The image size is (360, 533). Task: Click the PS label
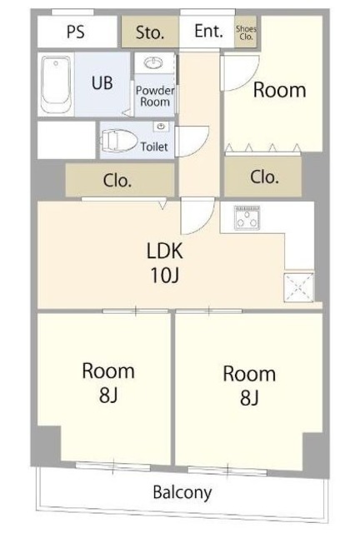pyautogui.click(x=76, y=32)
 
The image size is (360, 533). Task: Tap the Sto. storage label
pyautogui.click(x=150, y=32)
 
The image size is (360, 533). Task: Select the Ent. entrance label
pyautogui.click(x=209, y=31)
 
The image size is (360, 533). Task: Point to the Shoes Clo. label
pyautogui.click(x=246, y=32)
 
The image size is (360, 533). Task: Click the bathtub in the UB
pyautogui.click(x=57, y=83)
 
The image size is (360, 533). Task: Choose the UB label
pyautogui.click(x=102, y=82)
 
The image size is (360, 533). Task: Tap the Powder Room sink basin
pyautogui.click(x=153, y=62)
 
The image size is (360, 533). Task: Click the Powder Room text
pyautogui.click(x=155, y=97)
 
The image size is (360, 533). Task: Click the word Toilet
pyautogui.click(x=154, y=147)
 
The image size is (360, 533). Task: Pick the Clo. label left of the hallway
pyautogui.click(x=117, y=181)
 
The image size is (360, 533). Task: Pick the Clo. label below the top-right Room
pyautogui.click(x=264, y=177)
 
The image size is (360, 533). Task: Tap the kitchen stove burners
pyautogui.click(x=247, y=218)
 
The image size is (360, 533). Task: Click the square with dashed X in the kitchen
pyautogui.click(x=299, y=286)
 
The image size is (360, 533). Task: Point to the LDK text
pyautogui.click(x=165, y=251)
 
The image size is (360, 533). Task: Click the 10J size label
pyautogui.click(x=165, y=276)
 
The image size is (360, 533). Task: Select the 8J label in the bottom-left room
pyautogui.click(x=108, y=395)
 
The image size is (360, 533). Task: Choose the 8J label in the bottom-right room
pyautogui.click(x=249, y=398)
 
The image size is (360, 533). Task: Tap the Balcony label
pyautogui.click(x=182, y=492)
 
